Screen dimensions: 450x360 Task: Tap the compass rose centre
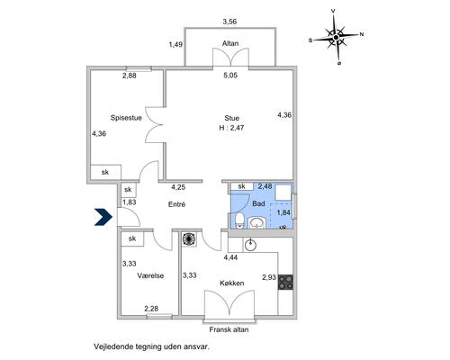click(x=336, y=37)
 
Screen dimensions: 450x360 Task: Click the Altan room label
click(x=230, y=43)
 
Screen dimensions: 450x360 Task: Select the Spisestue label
click(x=126, y=118)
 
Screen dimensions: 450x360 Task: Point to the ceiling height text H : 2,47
click(x=231, y=128)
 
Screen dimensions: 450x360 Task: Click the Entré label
click(x=176, y=204)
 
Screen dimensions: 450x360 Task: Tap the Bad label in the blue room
click(x=258, y=203)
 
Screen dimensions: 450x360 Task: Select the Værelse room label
click(x=150, y=275)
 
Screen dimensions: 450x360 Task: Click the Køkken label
click(x=232, y=283)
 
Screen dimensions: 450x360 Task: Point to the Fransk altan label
click(x=229, y=329)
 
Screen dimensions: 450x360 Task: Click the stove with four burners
click(x=285, y=282)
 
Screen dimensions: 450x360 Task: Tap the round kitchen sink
click(x=250, y=246)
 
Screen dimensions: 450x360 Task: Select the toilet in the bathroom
click(x=239, y=220)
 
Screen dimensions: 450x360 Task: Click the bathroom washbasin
click(x=257, y=223)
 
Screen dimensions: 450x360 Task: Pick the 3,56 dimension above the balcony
click(x=229, y=22)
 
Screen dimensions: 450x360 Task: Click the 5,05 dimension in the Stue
click(x=230, y=76)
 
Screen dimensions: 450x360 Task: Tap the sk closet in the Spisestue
click(x=105, y=172)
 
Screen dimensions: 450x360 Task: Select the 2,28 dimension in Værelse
click(x=151, y=309)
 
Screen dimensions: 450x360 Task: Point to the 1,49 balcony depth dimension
click(x=175, y=45)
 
